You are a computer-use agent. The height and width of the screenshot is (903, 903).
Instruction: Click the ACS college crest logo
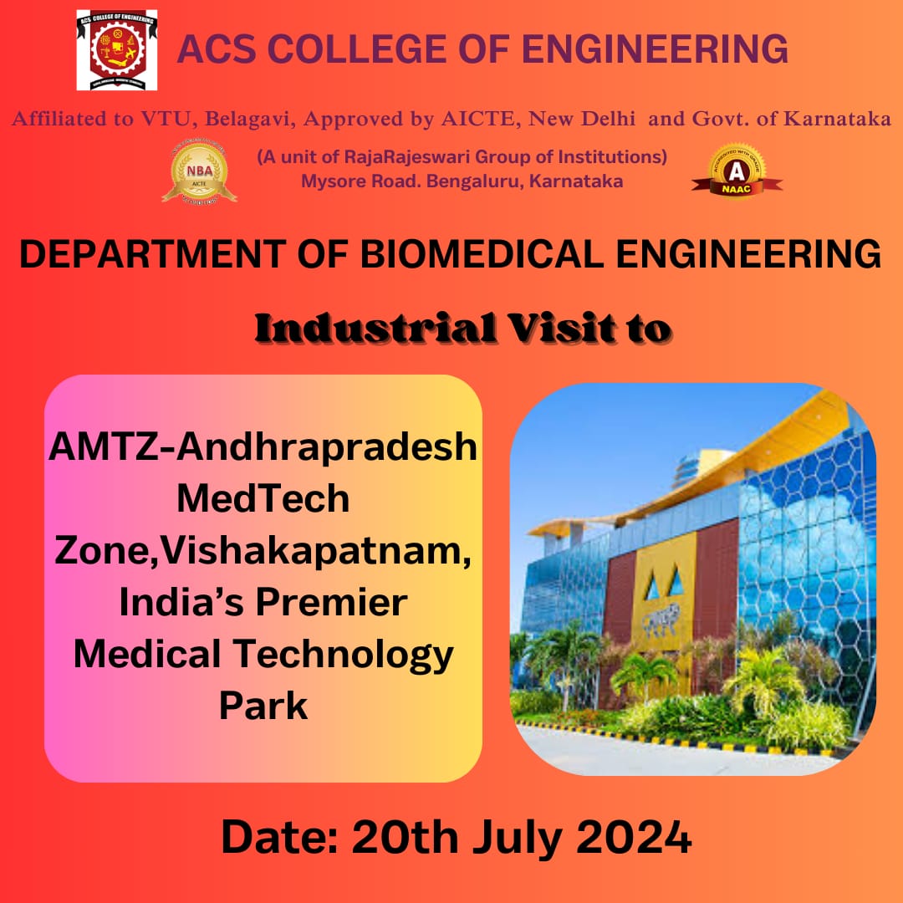tap(116, 50)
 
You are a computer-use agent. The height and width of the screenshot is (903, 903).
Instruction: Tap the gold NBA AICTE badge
tap(199, 173)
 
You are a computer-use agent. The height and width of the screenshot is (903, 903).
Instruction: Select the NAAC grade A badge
tap(737, 171)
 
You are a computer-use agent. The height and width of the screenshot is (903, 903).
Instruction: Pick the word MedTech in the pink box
tap(263, 498)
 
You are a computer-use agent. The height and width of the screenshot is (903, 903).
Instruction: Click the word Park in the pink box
tap(263, 705)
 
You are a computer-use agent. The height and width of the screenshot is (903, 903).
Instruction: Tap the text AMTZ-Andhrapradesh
tap(263, 446)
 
